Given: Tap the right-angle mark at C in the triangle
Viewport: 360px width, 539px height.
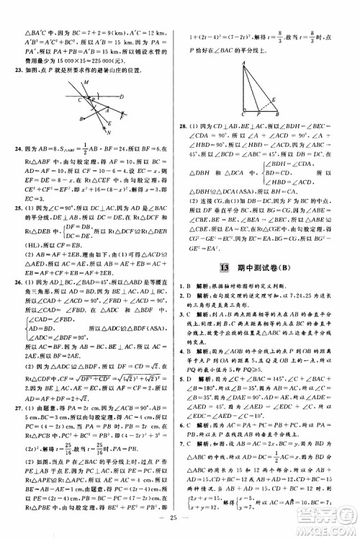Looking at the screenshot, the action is point(246,110).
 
